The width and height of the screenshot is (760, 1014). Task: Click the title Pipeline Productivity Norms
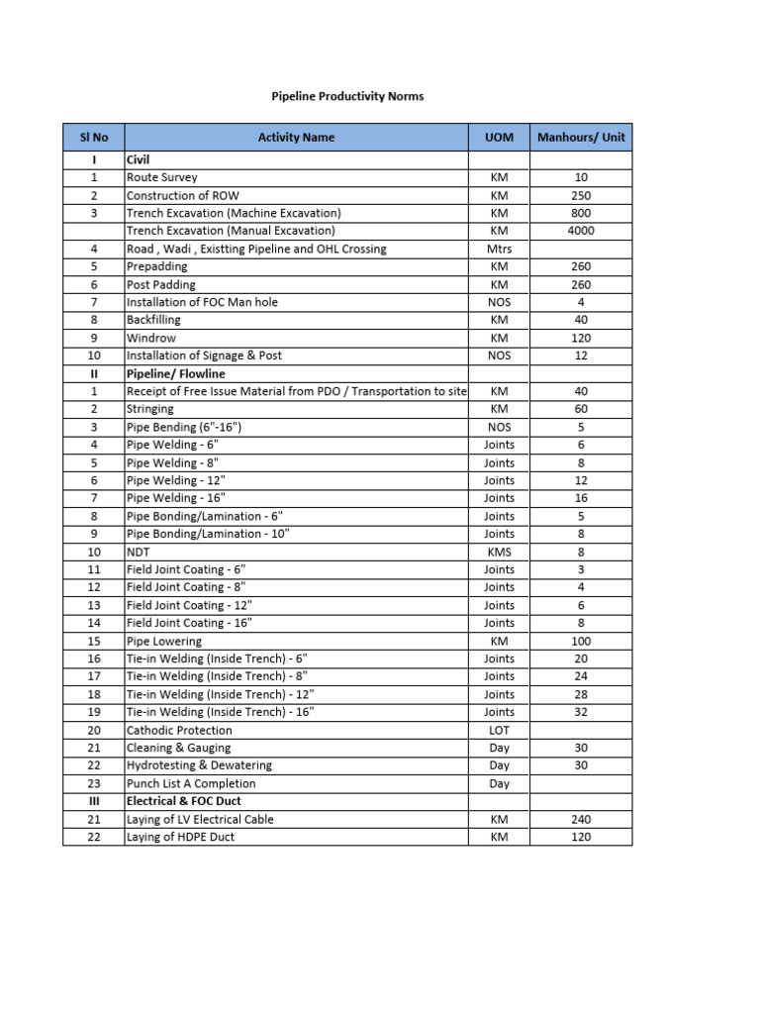pos(347,96)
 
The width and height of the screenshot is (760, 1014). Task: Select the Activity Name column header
pos(296,138)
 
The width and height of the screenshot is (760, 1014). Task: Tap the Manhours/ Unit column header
pos(581,138)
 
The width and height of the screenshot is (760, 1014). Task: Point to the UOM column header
pos(500,138)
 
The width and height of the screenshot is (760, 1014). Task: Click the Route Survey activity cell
pos(162,177)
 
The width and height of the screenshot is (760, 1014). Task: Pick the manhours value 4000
pos(581,231)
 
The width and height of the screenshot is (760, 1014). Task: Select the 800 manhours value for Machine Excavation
pos(581,213)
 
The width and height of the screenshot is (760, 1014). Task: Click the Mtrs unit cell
pos(500,249)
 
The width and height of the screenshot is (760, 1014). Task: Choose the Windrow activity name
pos(151,338)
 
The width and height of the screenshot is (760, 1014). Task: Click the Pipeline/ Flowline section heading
pos(176,373)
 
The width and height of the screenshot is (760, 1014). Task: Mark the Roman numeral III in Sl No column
pos(93,801)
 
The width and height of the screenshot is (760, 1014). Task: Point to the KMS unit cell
pos(500,552)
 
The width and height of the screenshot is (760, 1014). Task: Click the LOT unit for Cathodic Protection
pos(500,730)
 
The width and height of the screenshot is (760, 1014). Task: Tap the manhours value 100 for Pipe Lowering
pos(581,641)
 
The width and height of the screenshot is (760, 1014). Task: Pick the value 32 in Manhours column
pos(581,712)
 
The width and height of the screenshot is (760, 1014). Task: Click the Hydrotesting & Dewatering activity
pos(199,765)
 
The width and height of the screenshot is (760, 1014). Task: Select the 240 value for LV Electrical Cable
pos(581,819)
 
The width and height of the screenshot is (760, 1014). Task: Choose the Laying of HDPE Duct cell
pos(181,837)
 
